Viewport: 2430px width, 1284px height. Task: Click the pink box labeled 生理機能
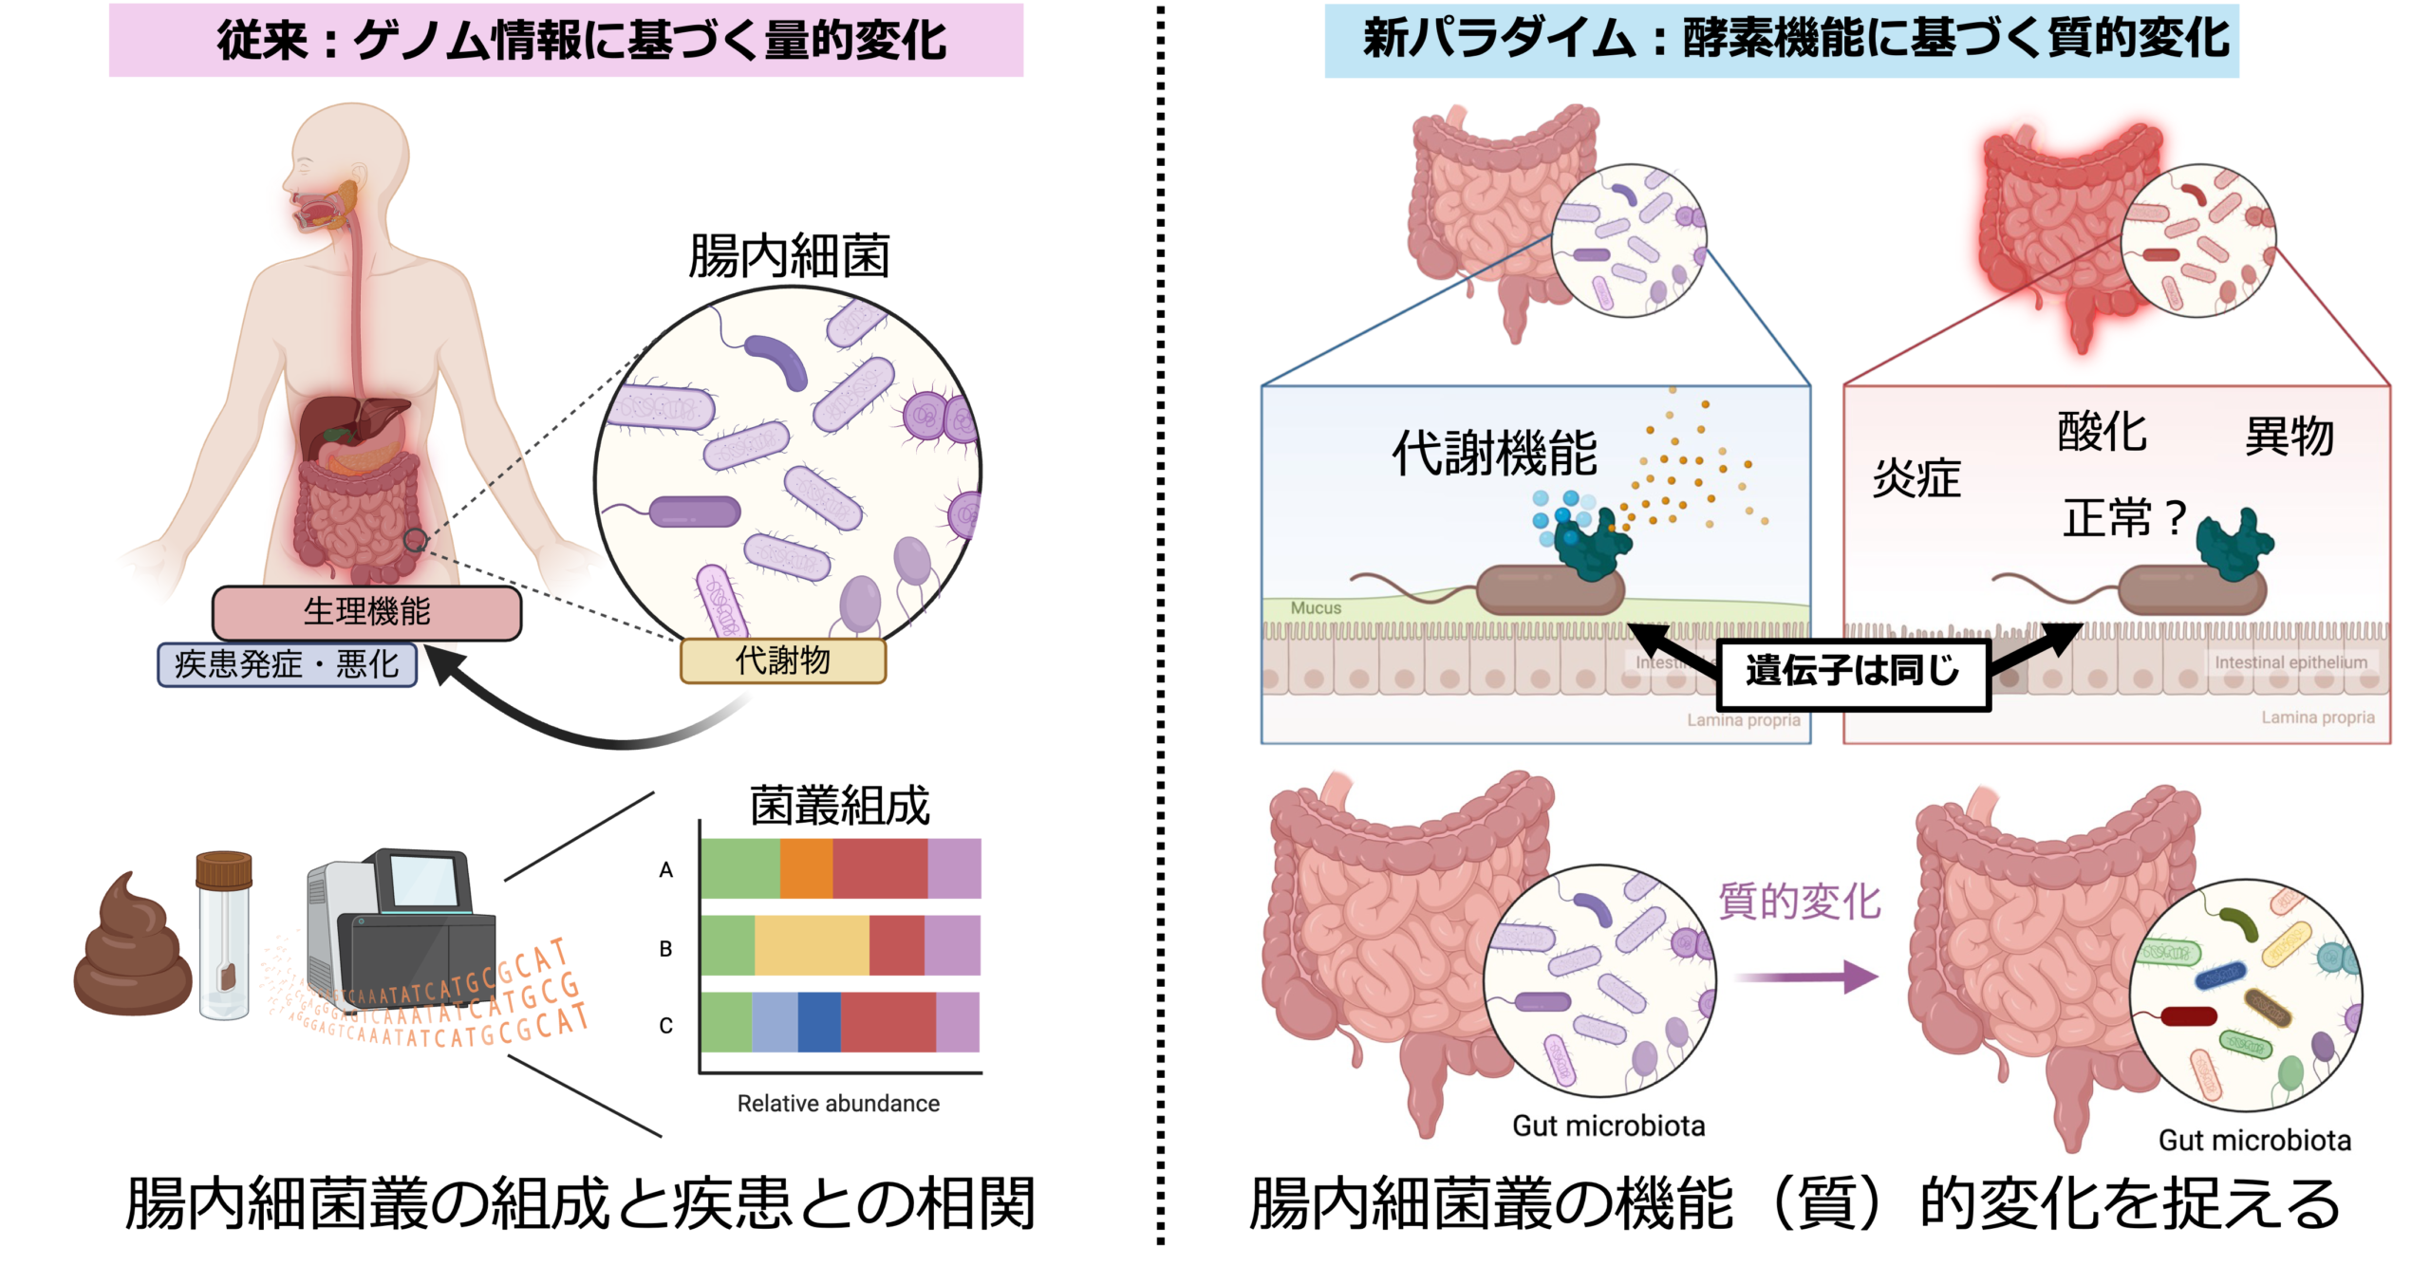click(366, 612)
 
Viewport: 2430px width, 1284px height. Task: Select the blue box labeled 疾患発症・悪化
click(287, 664)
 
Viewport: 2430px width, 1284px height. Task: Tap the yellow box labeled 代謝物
click(782, 661)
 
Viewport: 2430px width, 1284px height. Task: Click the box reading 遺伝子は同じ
click(1852, 674)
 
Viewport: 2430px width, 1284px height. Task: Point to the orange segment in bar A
click(806, 868)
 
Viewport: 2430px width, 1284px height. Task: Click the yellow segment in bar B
click(812, 945)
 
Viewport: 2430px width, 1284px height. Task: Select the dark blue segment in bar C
click(819, 1022)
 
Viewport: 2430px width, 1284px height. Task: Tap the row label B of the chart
click(665, 948)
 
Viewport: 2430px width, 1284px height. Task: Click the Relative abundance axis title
click(838, 1104)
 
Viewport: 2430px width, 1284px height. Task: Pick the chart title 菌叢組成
click(839, 806)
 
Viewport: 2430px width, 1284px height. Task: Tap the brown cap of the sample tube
click(224, 869)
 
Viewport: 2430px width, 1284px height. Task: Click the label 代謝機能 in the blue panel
click(1494, 454)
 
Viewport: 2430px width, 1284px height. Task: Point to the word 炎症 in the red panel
click(1916, 478)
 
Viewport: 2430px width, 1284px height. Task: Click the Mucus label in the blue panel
click(1316, 608)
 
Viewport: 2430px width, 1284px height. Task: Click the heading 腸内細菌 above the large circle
click(789, 256)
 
